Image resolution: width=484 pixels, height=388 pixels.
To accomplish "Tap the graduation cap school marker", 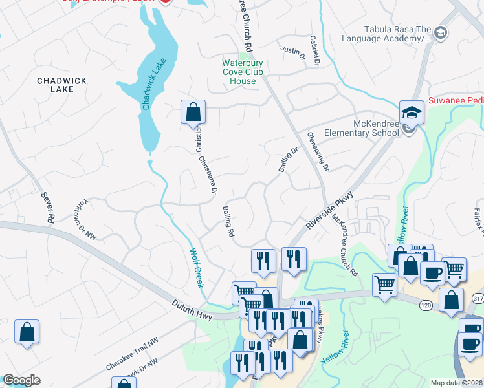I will [412, 113].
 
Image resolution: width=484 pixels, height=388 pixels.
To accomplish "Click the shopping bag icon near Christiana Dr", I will [193, 112].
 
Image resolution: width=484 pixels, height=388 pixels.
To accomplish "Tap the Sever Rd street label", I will [46, 208].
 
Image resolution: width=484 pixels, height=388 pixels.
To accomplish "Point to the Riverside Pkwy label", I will [331, 208].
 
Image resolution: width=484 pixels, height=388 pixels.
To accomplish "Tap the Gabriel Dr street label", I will [315, 50].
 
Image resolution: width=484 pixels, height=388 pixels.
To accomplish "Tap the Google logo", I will [21, 380].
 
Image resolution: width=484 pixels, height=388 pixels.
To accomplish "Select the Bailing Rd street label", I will [228, 222].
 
